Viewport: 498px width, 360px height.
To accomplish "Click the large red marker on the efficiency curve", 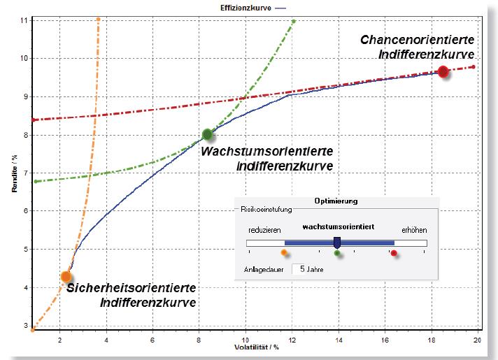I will (x=443, y=71).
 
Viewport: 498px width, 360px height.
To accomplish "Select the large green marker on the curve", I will (x=207, y=134).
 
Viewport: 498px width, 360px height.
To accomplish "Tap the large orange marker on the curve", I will (x=66, y=276).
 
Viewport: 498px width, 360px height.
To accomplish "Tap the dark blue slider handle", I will (x=337, y=242).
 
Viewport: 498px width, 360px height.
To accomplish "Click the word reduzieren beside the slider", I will (x=264, y=229).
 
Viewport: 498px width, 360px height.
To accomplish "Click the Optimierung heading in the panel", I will (x=336, y=201).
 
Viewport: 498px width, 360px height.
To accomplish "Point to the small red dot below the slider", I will (x=394, y=253).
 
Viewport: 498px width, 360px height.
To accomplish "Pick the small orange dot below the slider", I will (x=283, y=252).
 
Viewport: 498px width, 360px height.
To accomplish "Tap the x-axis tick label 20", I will (x=477, y=340).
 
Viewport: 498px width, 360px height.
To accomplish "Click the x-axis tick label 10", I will (x=245, y=340).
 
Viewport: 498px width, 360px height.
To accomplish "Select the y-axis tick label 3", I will (x=25, y=325).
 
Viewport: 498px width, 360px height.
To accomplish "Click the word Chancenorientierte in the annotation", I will (x=418, y=40).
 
